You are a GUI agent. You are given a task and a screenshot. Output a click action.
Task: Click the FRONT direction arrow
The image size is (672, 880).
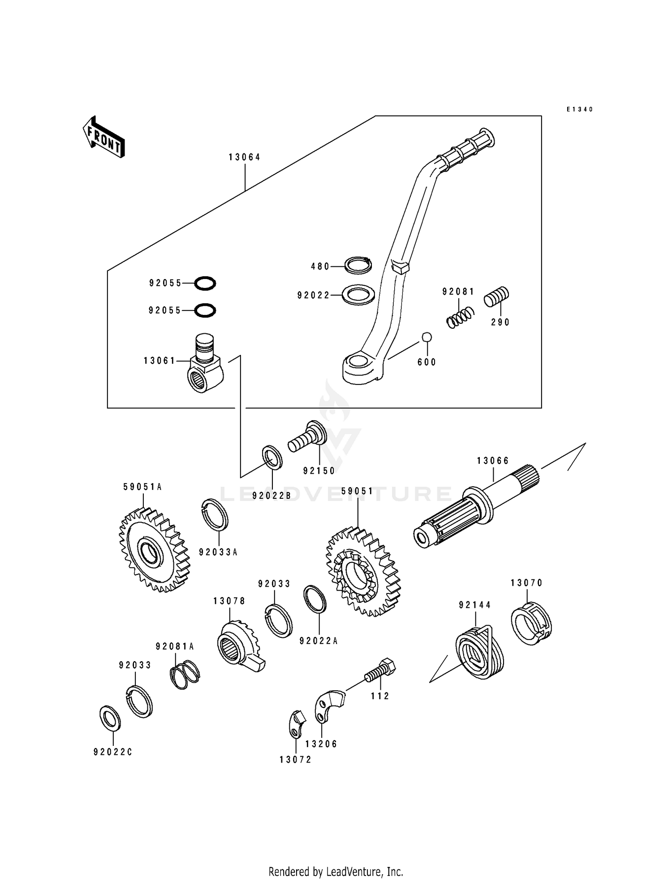tap(103, 137)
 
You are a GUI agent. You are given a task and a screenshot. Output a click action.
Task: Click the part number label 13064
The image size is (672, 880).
tap(244, 157)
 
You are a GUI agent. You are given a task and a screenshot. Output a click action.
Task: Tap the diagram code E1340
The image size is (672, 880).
tap(579, 109)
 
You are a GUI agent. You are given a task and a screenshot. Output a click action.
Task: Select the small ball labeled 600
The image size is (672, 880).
tap(426, 336)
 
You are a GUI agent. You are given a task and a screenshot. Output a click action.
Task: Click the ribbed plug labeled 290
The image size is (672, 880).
tap(496, 296)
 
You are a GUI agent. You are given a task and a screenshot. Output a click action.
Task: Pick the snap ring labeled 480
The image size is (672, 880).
tap(358, 265)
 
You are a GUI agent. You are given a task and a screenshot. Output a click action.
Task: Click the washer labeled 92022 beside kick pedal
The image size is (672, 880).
tap(358, 295)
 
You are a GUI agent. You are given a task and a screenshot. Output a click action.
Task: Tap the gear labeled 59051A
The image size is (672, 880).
tap(154, 550)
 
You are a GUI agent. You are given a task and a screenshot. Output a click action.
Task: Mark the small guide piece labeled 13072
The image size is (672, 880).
tap(295, 723)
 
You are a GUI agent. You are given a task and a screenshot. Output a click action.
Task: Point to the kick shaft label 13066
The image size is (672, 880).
tap(493, 461)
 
